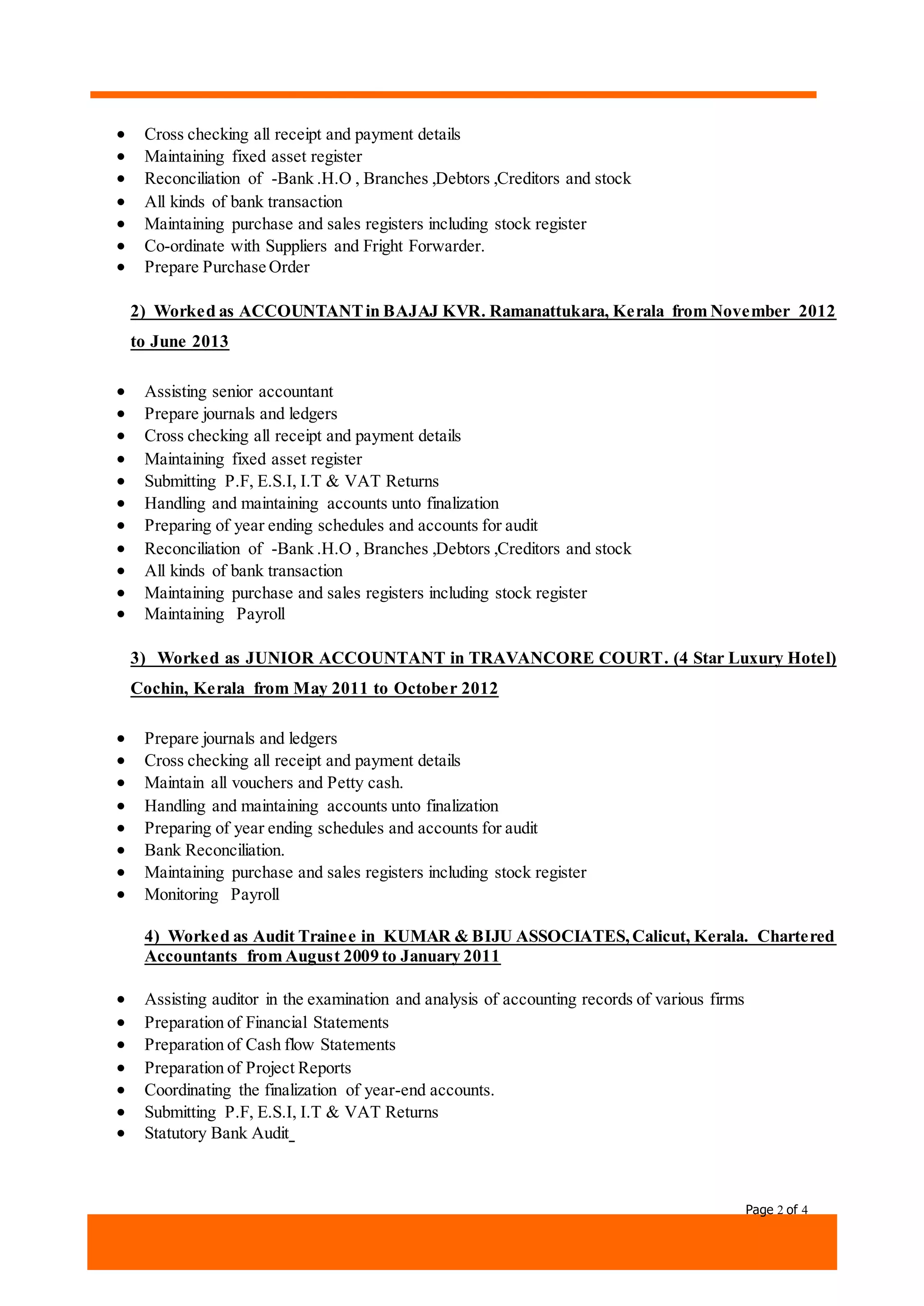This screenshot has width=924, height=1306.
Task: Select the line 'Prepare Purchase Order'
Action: point(226,267)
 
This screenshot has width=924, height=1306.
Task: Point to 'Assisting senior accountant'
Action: point(238,392)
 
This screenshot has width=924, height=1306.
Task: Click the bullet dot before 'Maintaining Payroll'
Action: point(120,614)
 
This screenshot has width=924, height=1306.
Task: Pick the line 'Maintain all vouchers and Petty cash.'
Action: point(273,783)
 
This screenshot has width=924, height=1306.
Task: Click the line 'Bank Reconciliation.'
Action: point(214,851)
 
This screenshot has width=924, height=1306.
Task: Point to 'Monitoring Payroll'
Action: point(212,895)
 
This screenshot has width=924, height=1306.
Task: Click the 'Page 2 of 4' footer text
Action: point(776,1210)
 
